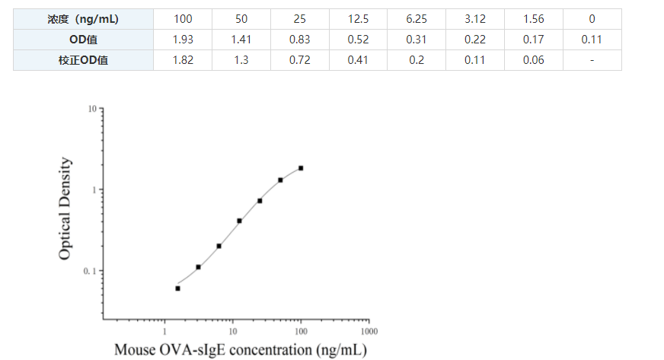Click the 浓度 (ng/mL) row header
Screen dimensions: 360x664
coord(83,19)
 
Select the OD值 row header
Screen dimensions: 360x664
coord(83,40)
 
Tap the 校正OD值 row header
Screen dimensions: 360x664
coord(83,60)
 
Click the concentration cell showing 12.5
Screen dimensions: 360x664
coord(358,19)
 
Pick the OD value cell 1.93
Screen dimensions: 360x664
coord(182,40)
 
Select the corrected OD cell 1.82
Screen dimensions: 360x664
coord(182,60)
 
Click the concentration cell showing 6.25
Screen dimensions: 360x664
coord(417,19)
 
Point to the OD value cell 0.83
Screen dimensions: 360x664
coord(299,40)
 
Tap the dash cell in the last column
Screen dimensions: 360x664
coord(592,60)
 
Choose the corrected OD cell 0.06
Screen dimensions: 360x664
coord(534,60)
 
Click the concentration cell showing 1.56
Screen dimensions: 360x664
coord(534,19)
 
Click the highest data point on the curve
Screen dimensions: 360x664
coord(301,168)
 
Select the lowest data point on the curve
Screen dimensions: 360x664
coord(177,288)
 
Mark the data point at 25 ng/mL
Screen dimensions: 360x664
coord(260,201)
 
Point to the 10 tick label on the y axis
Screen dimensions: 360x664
coord(92,110)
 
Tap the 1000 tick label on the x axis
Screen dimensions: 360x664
coord(369,332)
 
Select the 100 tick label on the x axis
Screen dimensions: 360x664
coord(301,332)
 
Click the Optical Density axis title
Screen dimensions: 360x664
coord(66,209)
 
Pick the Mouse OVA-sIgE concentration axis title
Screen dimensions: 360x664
coord(240,349)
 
